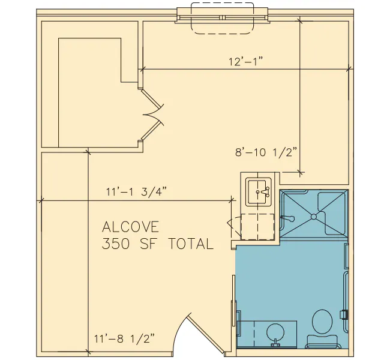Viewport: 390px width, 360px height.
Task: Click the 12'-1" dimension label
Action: (246, 61)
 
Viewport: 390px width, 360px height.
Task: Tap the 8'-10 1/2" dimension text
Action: (266, 152)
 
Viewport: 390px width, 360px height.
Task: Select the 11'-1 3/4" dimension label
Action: (136, 192)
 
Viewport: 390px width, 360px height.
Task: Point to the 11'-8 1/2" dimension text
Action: (124, 338)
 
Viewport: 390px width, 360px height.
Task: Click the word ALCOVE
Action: (130, 227)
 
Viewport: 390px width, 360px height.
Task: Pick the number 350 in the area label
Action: (116, 244)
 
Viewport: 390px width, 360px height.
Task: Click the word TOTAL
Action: (191, 244)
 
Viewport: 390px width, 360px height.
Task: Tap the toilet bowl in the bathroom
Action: (322, 322)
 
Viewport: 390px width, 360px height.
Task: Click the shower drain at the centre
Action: (314, 217)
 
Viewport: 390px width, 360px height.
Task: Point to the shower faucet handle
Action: (288, 218)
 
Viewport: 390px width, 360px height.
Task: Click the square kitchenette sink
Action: (258, 192)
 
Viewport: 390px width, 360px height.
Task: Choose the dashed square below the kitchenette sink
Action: (257, 227)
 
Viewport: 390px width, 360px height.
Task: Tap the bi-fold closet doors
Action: (152, 115)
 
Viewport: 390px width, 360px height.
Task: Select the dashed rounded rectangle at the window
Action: (223, 19)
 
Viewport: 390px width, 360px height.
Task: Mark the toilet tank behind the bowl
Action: (322, 341)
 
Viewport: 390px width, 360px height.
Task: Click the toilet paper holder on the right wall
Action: (344, 314)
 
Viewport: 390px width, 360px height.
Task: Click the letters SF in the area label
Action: (149, 244)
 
